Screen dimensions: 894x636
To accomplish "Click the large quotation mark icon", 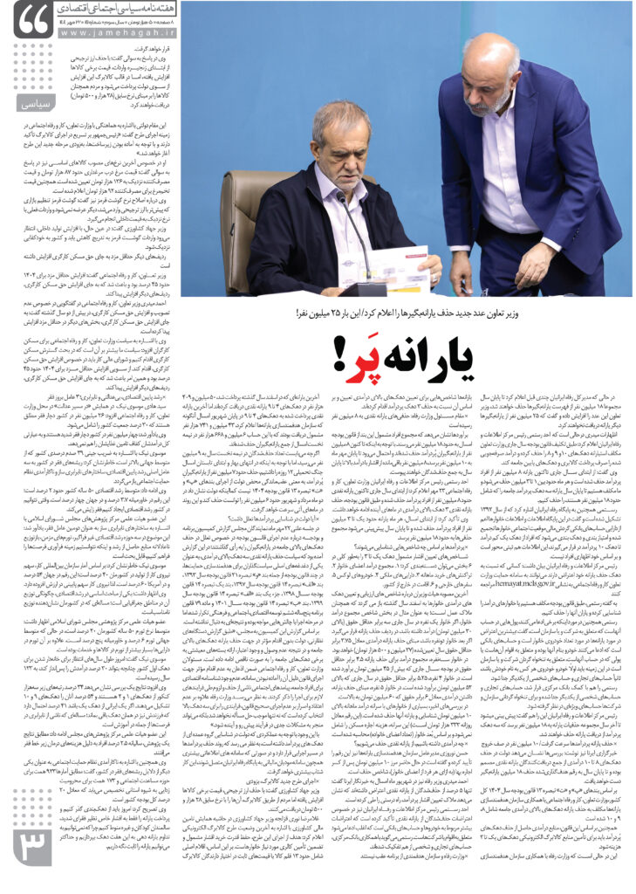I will pyautogui.click(x=32, y=19).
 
